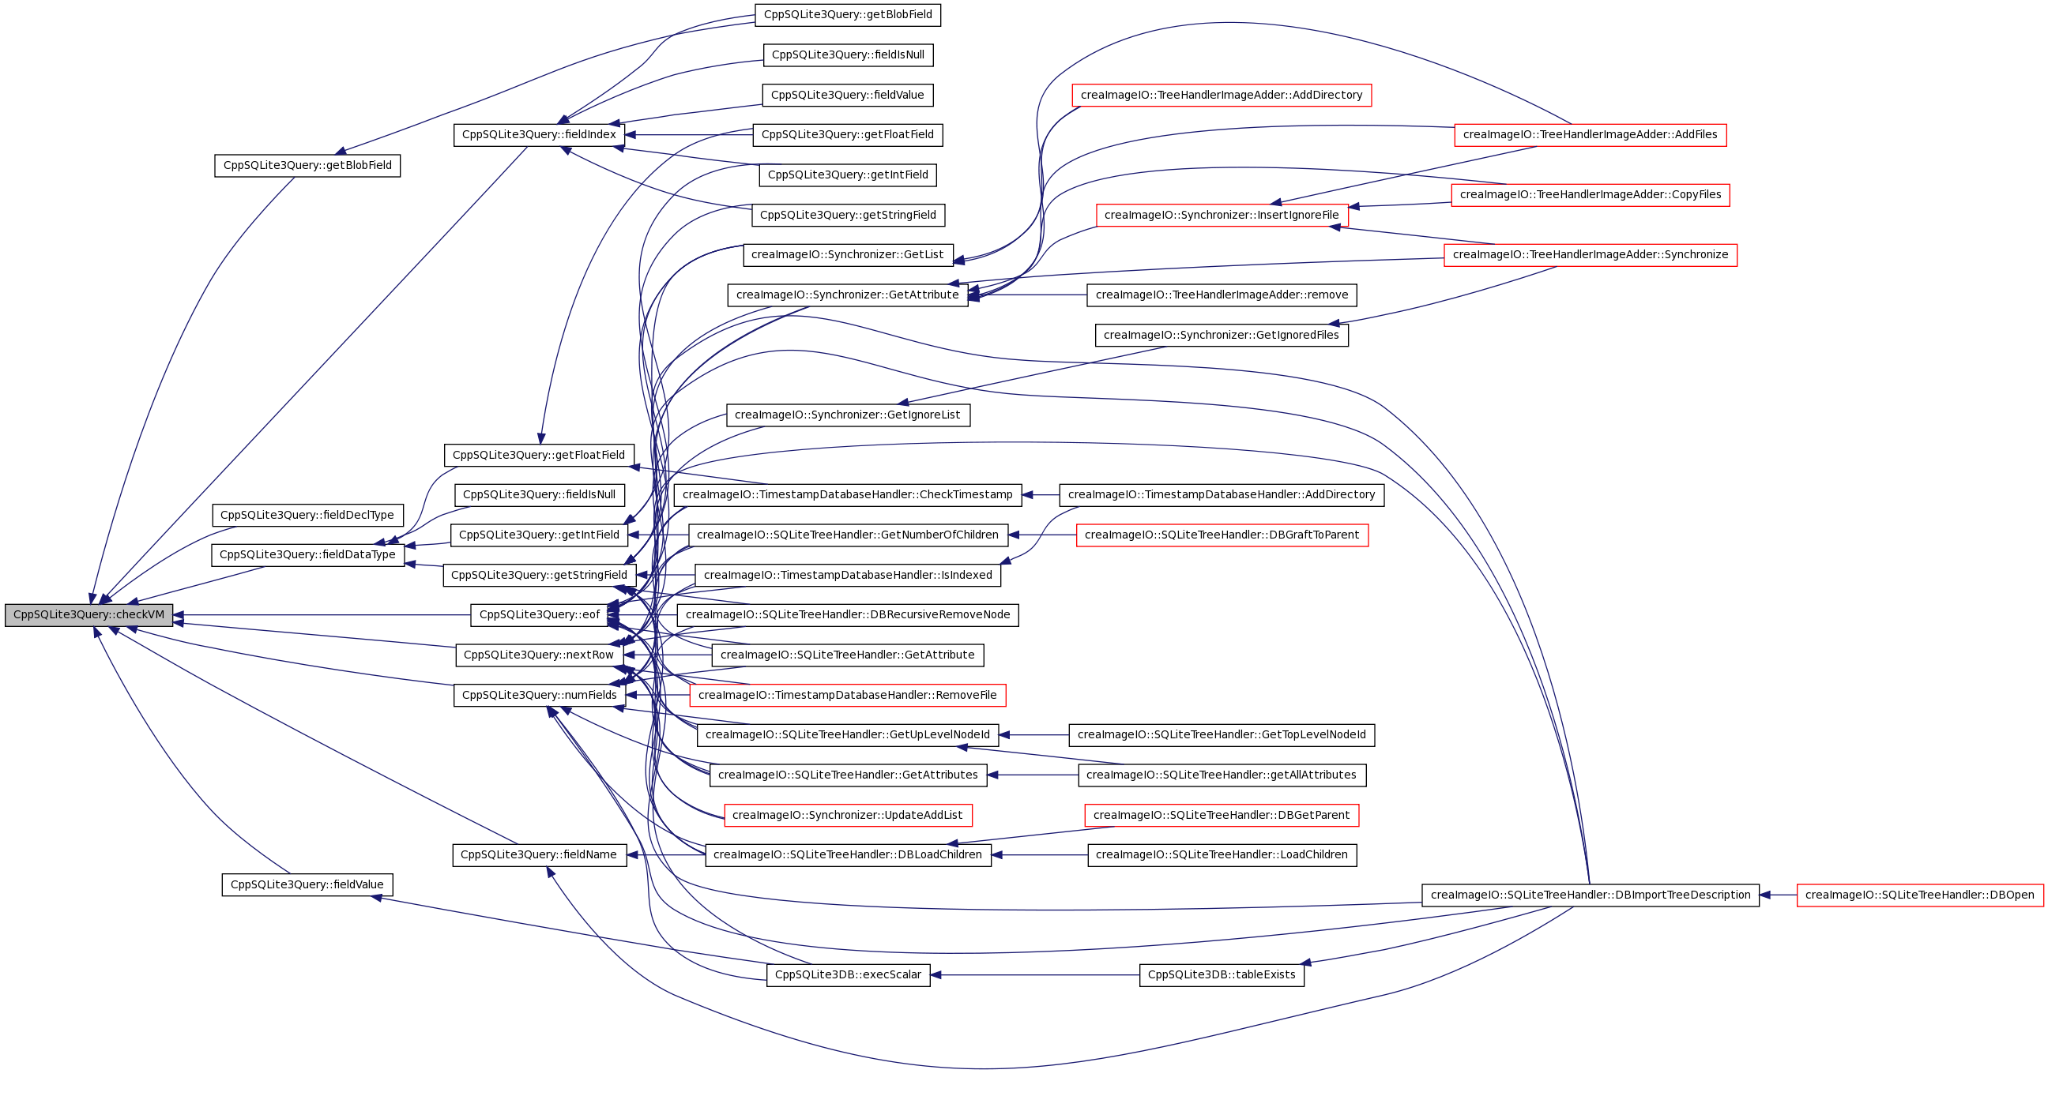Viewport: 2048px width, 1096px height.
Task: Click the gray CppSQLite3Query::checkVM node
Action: [88, 615]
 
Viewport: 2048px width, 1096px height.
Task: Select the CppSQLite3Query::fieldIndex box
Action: [538, 135]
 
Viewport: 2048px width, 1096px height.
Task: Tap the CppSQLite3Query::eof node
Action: [538, 615]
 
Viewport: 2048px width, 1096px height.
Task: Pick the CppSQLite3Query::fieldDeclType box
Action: [307, 515]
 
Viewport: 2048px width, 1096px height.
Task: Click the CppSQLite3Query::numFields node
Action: [538, 696]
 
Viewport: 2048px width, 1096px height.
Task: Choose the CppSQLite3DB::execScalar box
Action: [848, 975]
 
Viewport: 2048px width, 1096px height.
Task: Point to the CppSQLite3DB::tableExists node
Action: [1222, 975]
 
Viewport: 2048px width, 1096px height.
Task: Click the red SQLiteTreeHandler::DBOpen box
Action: [1919, 895]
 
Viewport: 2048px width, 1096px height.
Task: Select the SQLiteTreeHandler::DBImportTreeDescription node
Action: [1590, 895]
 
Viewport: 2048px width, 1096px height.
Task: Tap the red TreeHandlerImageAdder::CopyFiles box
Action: [1590, 195]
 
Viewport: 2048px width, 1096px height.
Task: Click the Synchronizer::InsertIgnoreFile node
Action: [1222, 216]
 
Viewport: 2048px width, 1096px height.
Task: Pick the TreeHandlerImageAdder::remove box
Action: [1222, 295]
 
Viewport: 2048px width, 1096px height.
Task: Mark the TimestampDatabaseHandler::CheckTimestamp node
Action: [847, 495]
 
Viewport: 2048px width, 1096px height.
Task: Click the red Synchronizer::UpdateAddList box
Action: [847, 816]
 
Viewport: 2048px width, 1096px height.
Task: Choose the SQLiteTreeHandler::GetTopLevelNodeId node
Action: [1222, 735]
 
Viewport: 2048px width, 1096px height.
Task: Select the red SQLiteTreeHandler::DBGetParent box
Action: [1222, 816]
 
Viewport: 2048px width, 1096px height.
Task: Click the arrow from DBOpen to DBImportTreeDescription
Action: [1778, 895]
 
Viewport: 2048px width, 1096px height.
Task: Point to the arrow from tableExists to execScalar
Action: [1033, 975]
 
